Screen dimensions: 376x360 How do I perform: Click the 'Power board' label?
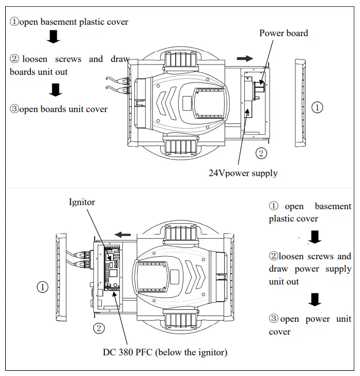tap(283, 33)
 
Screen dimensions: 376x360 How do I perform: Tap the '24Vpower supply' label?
tap(243, 174)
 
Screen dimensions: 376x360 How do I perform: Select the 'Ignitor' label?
tap(82, 202)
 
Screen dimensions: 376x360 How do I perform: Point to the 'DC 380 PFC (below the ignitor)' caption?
tap(165, 352)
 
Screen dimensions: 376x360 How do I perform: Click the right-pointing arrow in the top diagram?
tap(245, 58)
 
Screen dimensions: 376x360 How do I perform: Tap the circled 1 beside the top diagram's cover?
tap(318, 107)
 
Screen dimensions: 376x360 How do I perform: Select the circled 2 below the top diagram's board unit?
tap(262, 153)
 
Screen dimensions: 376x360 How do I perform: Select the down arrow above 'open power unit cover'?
tap(314, 299)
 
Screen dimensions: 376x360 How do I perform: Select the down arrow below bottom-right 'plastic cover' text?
tap(314, 237)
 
